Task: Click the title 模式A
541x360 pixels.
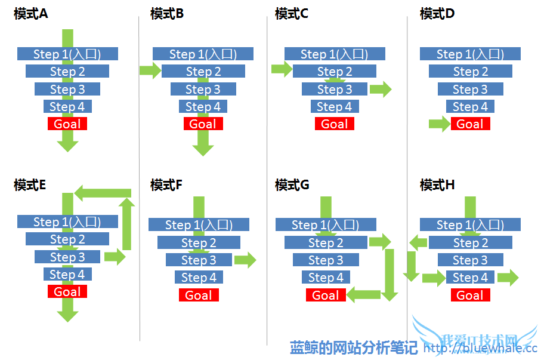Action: (30, 13)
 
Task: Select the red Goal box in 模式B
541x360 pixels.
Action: (203, 124)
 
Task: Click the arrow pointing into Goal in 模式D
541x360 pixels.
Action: (439, 124)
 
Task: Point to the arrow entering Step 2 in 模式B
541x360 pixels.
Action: (150, 71)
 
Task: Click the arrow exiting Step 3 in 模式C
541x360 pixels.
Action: (381, 90)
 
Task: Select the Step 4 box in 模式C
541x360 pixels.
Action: (334, 107)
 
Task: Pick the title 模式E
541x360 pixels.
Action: (30, 184)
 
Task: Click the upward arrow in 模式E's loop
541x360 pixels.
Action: (126, 224)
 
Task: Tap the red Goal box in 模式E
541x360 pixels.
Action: (67, 291)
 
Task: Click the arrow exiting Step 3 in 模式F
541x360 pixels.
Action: (245, 260)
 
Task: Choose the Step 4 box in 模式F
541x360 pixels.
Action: (199, 278)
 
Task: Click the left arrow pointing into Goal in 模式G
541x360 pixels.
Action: (364, 293)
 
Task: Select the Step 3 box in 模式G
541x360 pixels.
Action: (326, 260)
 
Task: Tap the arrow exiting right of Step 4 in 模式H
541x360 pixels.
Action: (508, 277)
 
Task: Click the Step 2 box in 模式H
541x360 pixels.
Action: (470, 243)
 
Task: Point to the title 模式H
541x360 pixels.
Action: (437, 184)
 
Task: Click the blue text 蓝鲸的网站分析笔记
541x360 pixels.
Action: (354, 348)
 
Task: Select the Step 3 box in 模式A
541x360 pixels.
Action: (67, 90)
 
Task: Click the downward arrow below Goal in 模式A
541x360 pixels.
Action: (67, 141)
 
